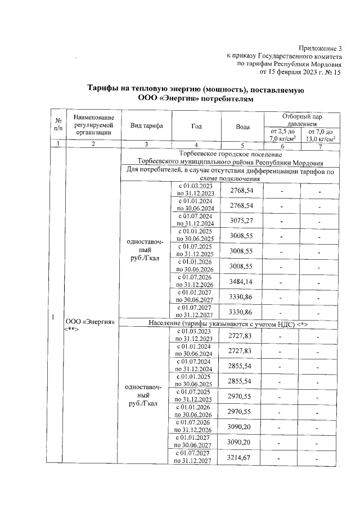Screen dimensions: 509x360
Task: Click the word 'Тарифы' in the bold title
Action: point(106,90)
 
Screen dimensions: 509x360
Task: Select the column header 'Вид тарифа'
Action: point(146,125)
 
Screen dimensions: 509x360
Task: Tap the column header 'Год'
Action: point(196,125)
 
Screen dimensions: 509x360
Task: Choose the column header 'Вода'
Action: point(242,125)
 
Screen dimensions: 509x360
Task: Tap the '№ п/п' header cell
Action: point(58,125)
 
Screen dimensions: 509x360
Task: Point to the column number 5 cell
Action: point(242,145)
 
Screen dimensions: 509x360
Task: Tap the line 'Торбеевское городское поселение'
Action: point(229,153)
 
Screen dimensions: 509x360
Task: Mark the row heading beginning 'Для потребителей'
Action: point(229,174)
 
